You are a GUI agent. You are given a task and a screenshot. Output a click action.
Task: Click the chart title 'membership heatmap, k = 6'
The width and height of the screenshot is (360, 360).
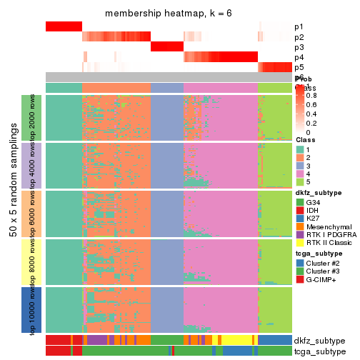169,14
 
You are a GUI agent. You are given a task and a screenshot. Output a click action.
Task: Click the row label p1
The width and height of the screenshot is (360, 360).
299,27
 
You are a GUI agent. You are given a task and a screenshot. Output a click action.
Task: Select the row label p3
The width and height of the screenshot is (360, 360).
299,47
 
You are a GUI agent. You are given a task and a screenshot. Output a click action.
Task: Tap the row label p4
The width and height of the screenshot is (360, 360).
299,57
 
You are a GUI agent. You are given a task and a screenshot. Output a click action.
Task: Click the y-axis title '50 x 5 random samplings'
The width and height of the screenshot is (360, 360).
12,214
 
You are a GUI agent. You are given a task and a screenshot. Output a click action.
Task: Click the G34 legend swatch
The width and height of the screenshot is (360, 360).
300,203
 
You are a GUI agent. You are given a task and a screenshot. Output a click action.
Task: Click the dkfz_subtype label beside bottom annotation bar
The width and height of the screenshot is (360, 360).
319,341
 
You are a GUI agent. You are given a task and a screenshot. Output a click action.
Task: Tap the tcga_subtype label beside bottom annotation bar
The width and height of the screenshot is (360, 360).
319,351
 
